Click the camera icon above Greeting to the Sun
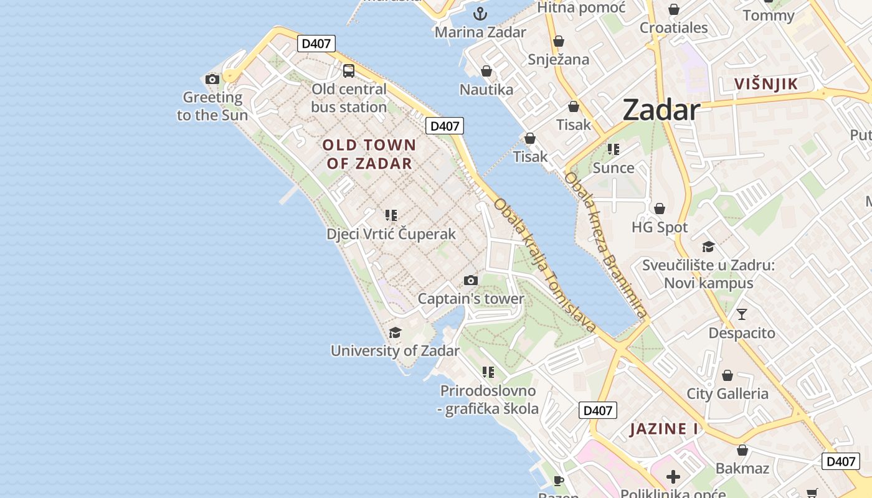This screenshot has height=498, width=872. point(212,79)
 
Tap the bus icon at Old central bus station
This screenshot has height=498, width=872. point(349,71)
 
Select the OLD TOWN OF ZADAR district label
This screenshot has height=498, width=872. point(369,154)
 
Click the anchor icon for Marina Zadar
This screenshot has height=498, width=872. point(480,14)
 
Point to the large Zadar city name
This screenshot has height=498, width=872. point(661,110)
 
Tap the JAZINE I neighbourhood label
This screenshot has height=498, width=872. point(664,429)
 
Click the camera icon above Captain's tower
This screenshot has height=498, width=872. point(471,281)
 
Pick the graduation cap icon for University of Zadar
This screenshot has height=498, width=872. point(395,333)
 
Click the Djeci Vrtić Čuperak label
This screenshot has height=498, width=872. point(391,234)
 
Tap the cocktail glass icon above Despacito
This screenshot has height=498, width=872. point(742,314)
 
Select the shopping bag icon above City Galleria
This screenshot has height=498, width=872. point(727,375)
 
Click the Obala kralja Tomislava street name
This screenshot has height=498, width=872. point(544,265)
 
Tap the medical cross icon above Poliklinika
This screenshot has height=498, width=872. point(673,477)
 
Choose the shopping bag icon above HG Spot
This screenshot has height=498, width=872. point(660,209)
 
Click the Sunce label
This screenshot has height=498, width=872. point(614,167)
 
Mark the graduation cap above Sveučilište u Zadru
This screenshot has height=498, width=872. point(708,247)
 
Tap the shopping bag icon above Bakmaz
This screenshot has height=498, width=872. point(742,450)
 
